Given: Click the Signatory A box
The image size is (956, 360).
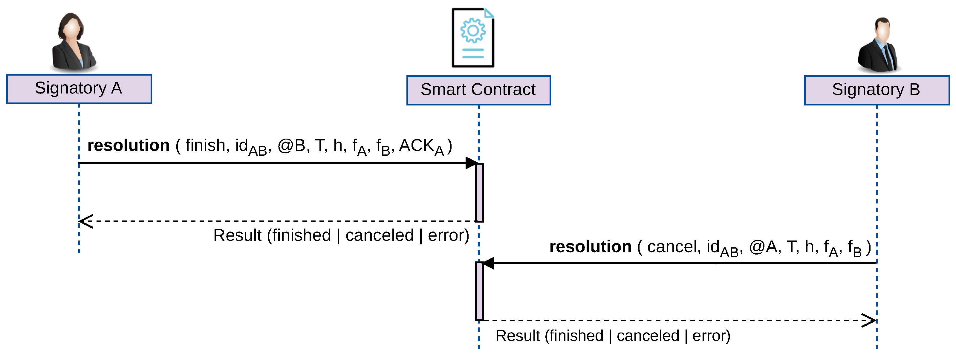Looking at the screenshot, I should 79,89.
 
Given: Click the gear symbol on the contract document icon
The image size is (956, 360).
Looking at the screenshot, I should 473,30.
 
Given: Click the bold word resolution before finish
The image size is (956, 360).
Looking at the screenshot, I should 129,145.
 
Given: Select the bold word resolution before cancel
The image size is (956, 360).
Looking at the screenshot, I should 591,247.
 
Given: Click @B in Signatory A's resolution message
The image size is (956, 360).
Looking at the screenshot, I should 291,145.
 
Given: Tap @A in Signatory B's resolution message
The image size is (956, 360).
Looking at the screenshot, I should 763,247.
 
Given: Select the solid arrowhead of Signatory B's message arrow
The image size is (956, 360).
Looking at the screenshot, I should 488,263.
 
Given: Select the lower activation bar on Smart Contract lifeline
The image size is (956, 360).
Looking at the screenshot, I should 479,291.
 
